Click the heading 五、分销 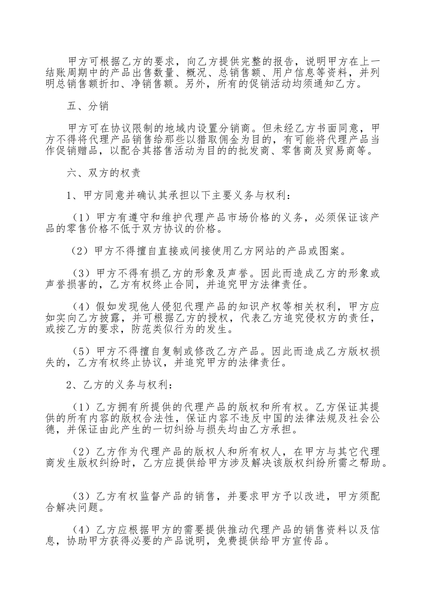click(87, 107)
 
